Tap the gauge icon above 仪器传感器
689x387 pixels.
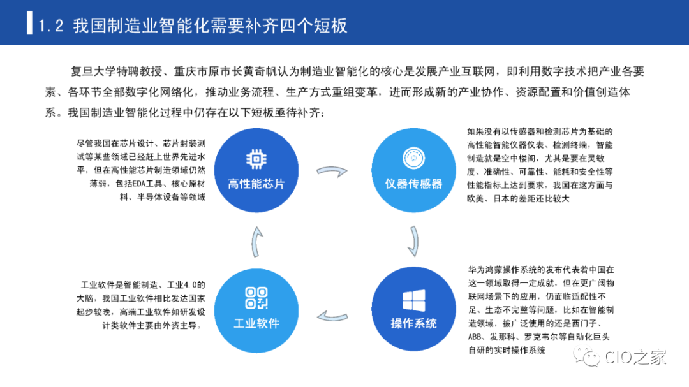pos(413,157)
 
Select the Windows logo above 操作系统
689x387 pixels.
pos(413,300)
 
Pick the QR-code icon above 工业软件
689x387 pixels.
pos(256,298)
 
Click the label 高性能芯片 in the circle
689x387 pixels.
pos(256,184)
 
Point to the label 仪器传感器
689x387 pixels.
pos(413,184)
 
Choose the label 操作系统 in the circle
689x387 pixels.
pos(413,324)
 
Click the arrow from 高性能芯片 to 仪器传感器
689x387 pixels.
pos(333,172)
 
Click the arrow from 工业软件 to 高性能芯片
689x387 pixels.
pos(255,243)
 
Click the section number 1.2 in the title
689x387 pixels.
pos(51,26)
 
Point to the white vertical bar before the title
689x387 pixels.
pos(29,22)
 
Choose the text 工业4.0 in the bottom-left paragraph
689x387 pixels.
pos(184,284)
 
